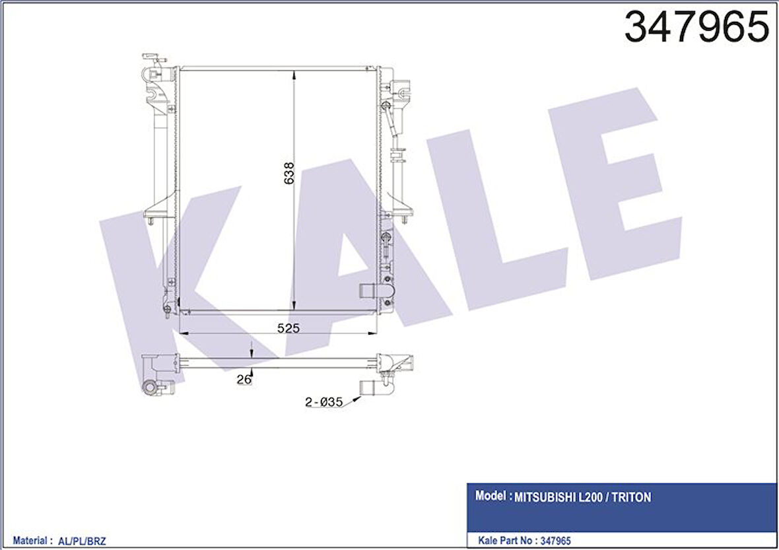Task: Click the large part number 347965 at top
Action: (x=696, y=27)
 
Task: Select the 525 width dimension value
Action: (x=288, y=328)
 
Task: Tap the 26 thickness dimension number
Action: (x=244, y=380)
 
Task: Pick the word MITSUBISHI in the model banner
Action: (x=547, y=497)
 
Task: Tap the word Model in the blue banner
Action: (x=491, y=496)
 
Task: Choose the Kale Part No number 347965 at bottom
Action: (x=555, y=541)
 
